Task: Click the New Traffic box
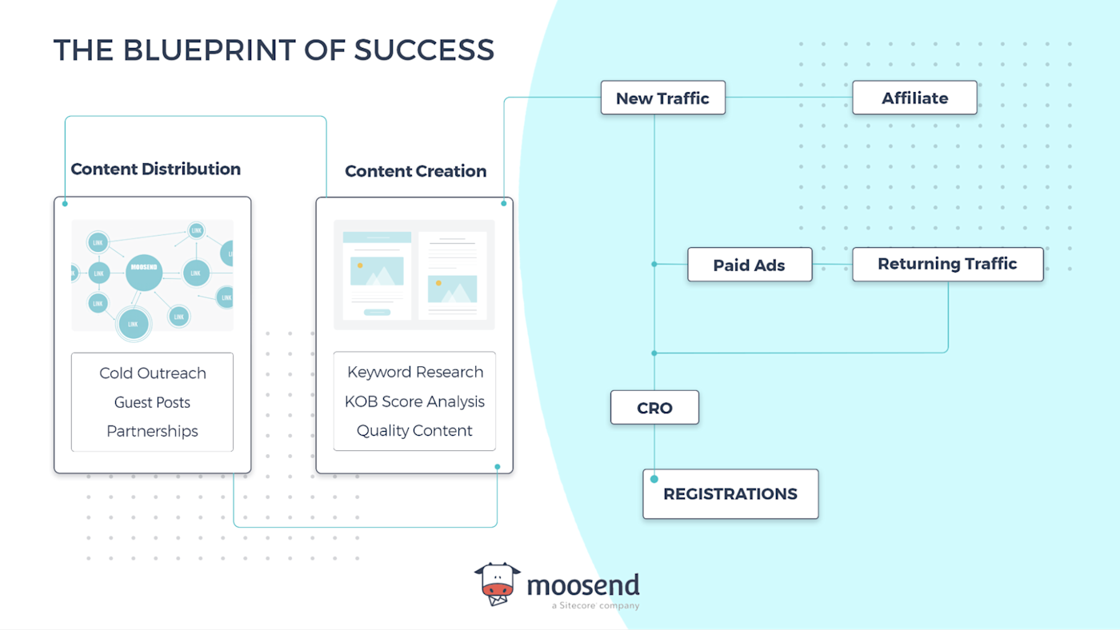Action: coord(662,98)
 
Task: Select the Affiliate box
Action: coord(914,98)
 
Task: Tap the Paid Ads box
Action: coord(749,265)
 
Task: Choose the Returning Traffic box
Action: coord(947,264)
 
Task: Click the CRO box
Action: coord(654,408)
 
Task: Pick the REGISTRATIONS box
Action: coord(730,494)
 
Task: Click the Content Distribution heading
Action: coord(155,169)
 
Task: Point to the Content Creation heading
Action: coord(415,171)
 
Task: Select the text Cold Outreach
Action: coord(153,373)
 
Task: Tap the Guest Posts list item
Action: coord(152,402)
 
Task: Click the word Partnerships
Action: coord(152,431)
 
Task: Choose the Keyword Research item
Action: coord(415,373)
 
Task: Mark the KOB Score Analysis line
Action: coord(414,401)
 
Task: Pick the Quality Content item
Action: coord(414,430)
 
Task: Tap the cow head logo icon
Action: coord(497,584)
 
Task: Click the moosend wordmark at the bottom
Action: coord(582,585)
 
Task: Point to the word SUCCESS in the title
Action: coord(424,50)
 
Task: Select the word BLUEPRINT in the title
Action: coord(210,50)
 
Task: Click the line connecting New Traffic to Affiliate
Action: coord(788,98)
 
